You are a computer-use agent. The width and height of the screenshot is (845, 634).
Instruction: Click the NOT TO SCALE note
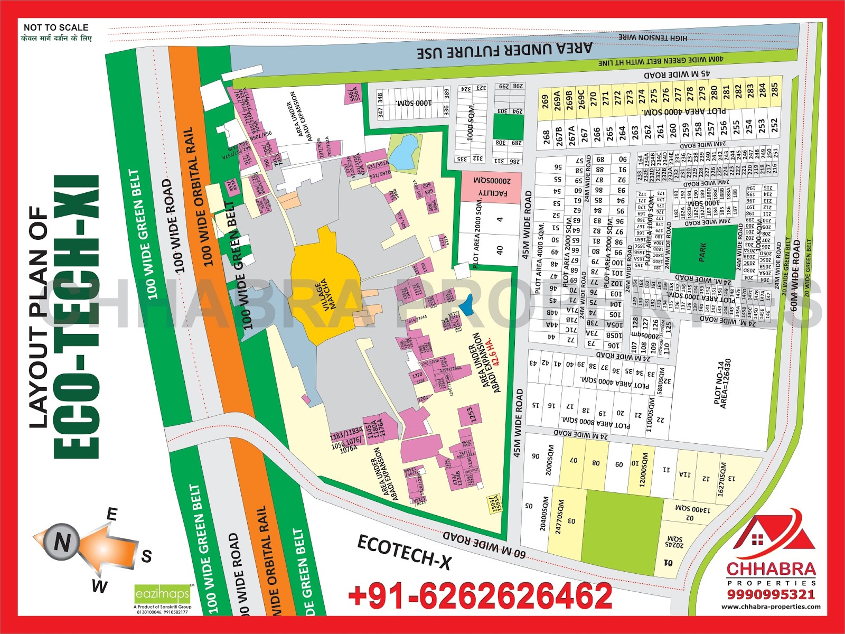point(56,27)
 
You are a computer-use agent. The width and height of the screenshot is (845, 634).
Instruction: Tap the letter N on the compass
point(62,542)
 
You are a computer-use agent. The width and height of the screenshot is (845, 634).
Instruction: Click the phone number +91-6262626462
point(480,596)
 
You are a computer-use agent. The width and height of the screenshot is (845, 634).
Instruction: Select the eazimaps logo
point(162,594)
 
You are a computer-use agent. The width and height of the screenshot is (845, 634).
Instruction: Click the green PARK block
point(702,251)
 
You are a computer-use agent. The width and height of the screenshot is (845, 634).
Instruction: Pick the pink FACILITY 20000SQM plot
point(492,187)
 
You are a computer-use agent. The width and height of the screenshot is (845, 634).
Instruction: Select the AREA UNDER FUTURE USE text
point(504,51)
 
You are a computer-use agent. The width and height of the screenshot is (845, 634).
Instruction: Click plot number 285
point(774,89)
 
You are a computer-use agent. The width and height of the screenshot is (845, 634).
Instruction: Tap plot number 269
point(544,101)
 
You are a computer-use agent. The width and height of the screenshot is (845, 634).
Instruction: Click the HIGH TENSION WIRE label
point(653,38)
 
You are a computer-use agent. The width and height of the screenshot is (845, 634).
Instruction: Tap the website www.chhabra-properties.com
point(771,607)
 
